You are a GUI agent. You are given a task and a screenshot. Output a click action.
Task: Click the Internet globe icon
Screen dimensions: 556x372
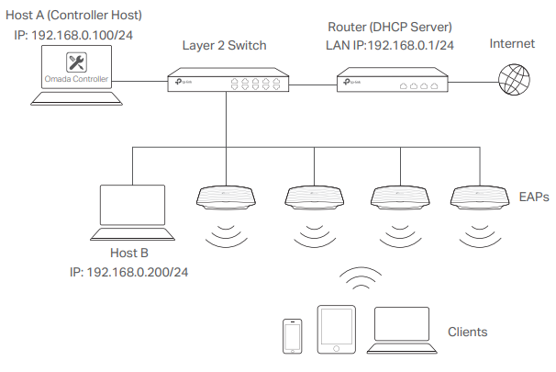[514, 80]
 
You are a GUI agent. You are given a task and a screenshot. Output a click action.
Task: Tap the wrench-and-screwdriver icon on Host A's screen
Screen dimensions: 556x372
[76, 62]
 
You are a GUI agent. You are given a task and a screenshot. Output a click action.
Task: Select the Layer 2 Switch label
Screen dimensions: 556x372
[224, 46]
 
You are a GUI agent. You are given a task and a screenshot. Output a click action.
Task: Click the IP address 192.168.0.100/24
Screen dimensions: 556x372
[82, 35]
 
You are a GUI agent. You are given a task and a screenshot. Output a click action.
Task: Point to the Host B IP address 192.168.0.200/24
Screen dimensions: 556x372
[138, 272]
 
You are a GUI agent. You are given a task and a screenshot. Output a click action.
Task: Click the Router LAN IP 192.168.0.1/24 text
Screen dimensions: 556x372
[410, 45]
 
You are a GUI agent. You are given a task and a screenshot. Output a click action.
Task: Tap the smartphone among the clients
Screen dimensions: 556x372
[293, 336]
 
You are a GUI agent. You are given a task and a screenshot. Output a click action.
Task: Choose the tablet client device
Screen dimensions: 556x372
[336, 330]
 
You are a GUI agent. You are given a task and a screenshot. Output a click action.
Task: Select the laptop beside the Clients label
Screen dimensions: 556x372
[402, 331]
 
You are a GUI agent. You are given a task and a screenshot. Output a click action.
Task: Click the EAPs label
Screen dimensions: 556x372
[534, 197]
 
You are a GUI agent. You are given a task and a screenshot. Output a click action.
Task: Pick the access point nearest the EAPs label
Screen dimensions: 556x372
[480, 197]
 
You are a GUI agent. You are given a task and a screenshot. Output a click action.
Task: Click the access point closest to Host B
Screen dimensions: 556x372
[226, 197]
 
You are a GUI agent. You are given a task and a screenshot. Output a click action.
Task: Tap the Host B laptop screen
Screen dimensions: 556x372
[133, 205]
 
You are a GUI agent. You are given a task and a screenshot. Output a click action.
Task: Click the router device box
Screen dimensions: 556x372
[392, 80]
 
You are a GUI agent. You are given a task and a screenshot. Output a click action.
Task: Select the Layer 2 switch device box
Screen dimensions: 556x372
[228, 80]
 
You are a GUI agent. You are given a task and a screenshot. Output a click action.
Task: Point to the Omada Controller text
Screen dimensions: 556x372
[76, 79]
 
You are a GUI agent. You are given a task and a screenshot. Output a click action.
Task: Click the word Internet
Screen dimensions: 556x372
[512, 44]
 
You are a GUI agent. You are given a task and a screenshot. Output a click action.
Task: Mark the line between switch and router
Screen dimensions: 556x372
[313, 85]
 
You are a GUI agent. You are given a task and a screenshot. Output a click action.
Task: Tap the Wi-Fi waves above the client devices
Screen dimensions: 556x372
[361, 278]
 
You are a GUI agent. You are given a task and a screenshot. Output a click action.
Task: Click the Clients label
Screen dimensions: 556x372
[467, 332]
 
